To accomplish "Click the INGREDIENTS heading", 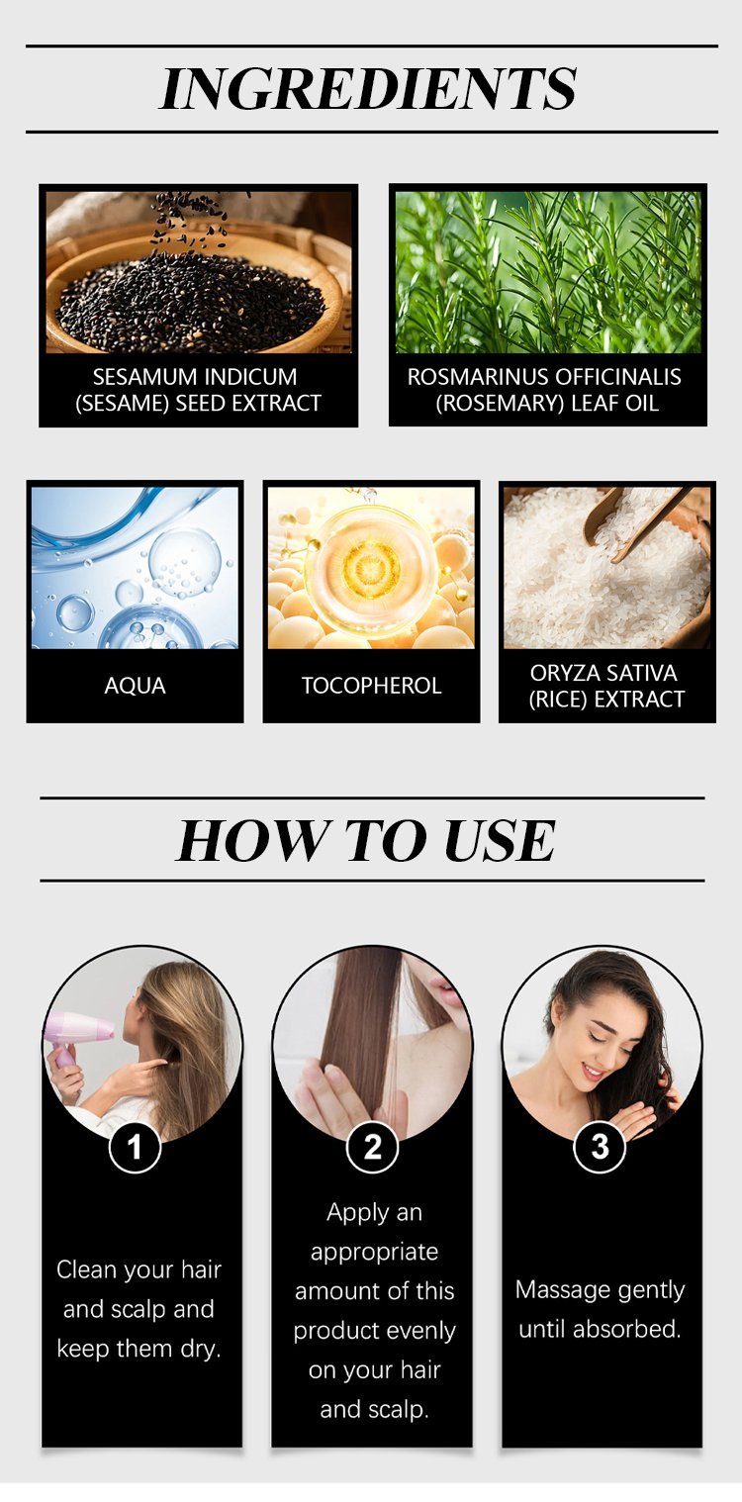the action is (x=368, y=88).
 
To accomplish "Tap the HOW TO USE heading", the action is (x=366, y=840).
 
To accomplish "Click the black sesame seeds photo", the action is (x=199, y=272).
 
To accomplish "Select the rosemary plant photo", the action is (x=548, y=272).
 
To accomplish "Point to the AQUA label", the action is (x=135, y=686).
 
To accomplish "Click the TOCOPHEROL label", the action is (x=371, y=686).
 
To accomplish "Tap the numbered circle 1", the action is (x=135, y=1147).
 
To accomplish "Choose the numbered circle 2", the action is (x=372, y=1147).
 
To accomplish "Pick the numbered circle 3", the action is (x=600, y=1147).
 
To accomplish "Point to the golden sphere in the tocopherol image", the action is (x=369, y=567).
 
